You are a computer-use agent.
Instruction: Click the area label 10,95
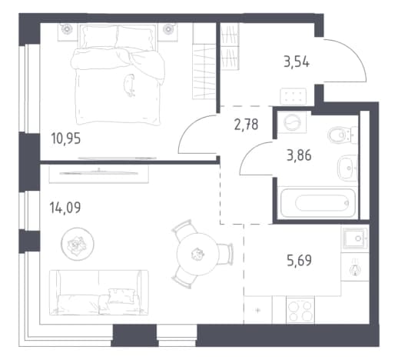66,138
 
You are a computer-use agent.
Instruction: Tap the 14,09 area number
65,208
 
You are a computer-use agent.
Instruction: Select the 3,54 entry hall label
297,62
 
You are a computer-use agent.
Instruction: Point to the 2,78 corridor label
246,125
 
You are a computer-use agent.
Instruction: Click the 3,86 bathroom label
299,155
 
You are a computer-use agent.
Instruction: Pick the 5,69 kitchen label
300,261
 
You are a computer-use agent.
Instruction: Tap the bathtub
318,203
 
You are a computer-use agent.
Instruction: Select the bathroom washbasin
347,168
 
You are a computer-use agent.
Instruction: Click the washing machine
292,122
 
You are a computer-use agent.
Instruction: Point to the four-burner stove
300,310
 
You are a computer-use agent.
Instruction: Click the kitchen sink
355,238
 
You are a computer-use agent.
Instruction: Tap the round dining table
197,254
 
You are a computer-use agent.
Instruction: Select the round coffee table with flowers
78,244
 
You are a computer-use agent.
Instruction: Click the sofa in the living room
99,292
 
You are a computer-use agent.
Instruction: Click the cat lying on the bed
130,85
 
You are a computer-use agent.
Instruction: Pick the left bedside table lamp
66,29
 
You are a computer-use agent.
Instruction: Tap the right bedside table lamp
168,28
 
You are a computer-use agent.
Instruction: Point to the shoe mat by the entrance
294,96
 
